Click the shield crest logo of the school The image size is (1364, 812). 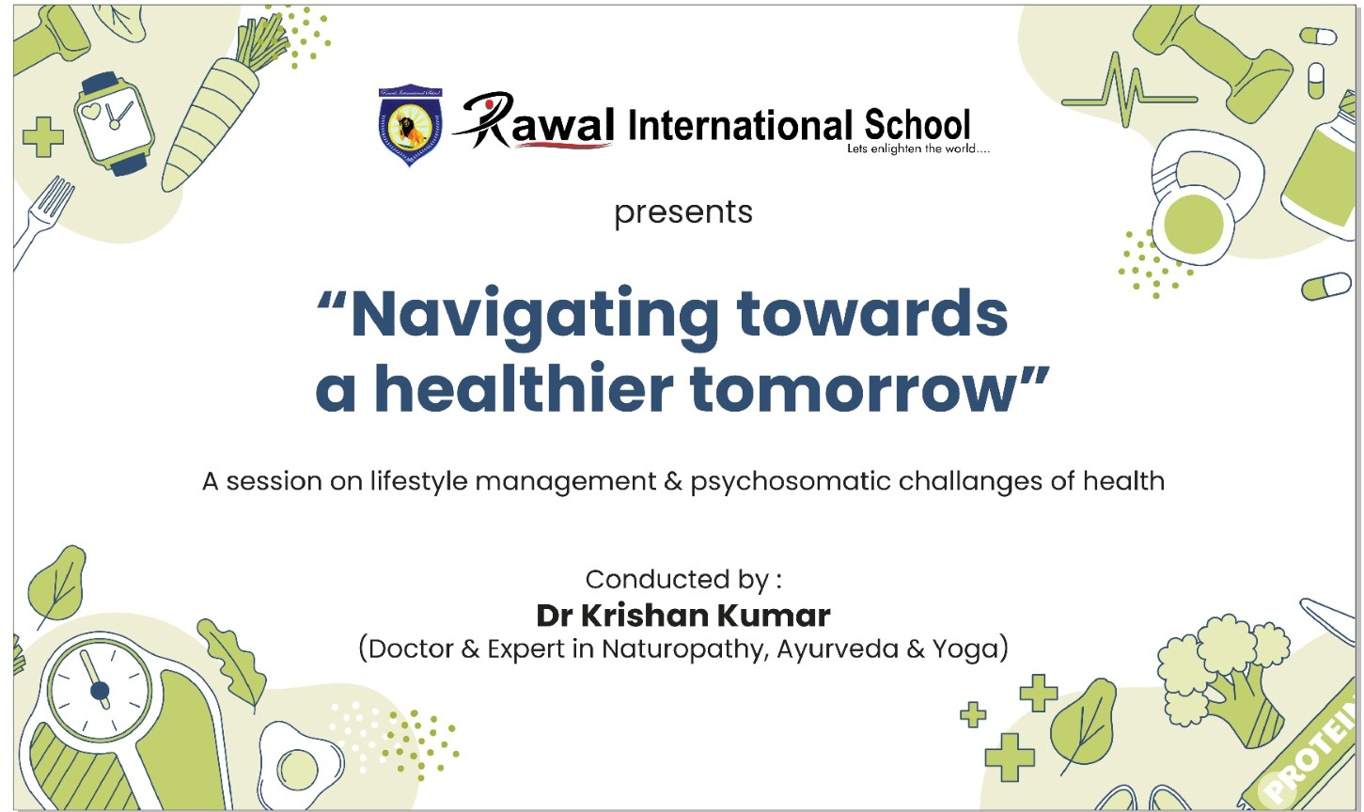[410, 125]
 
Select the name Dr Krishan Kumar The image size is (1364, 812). [683, 616]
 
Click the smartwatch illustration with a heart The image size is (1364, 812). [114, 122]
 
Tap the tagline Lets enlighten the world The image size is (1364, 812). [918, 148]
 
